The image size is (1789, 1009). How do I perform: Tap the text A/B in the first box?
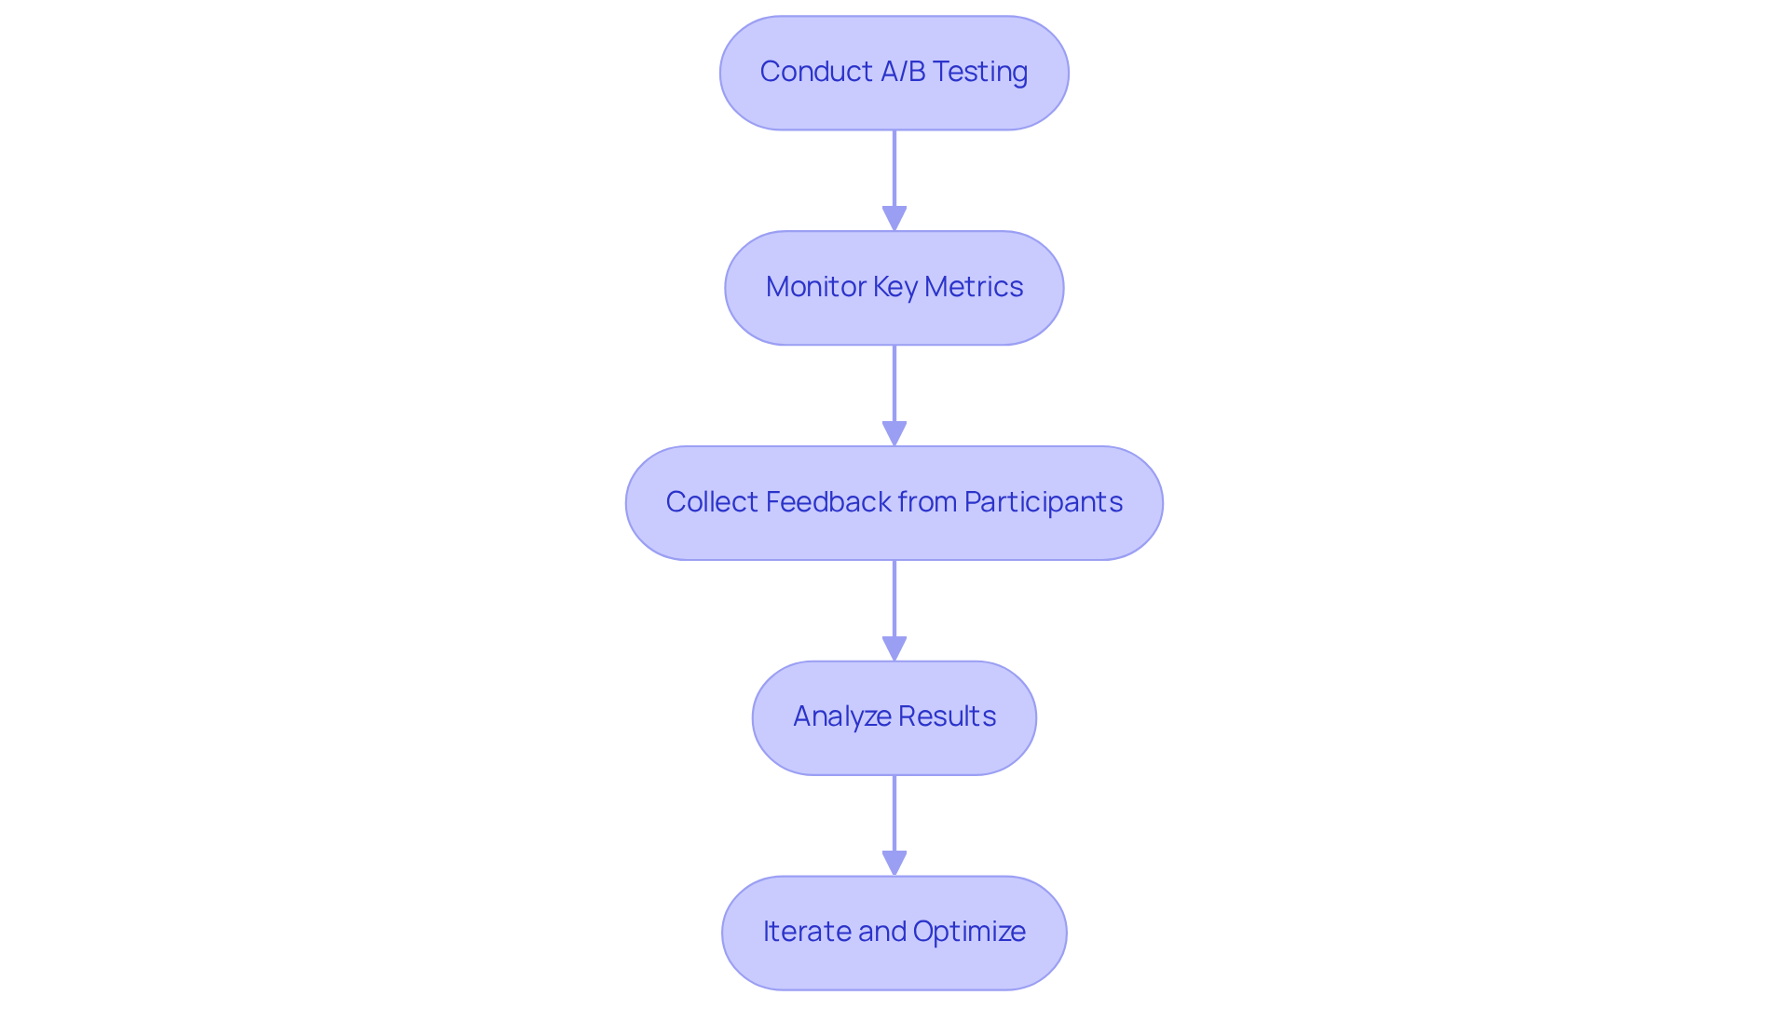[901, 72]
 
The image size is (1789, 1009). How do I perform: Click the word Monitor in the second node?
[815, 287]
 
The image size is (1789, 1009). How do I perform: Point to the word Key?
[895, 287]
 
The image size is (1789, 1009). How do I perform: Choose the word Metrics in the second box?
[974, 287]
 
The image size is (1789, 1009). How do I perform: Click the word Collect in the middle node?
[712, 502]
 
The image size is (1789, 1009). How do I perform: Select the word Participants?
[1043, 502]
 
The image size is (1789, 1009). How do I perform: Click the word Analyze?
[841, 716]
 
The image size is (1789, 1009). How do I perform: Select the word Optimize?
[969, 932]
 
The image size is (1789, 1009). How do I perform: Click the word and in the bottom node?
[881, 932]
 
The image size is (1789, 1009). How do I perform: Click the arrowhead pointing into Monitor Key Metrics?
[894, 219]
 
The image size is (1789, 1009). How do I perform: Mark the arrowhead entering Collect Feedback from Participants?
[894, 434]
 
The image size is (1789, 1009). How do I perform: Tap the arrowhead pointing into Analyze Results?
[894, 649]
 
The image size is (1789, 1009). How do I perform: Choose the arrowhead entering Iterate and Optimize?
[894, 864]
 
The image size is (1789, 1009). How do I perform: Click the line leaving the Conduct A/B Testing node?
[894, 168]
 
